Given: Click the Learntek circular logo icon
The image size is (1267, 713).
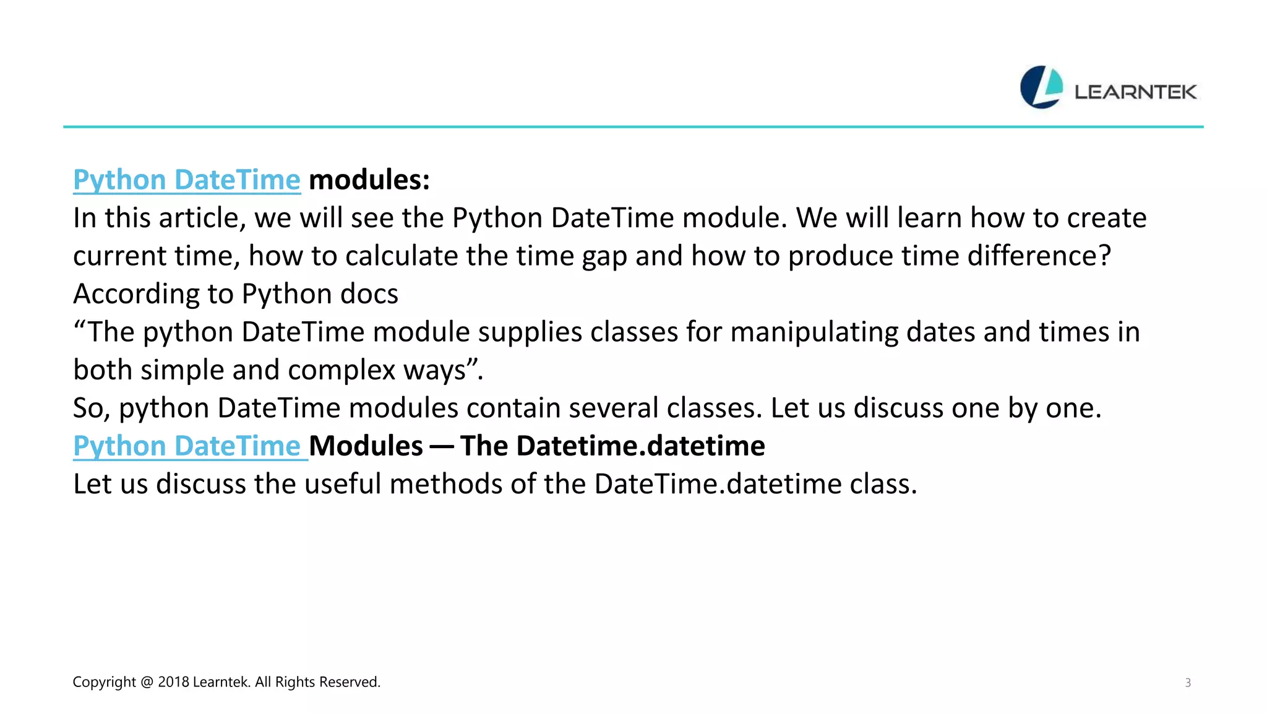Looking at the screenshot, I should pyautogui.click(x=1041, y=87).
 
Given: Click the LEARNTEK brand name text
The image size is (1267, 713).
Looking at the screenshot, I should pyautogui.click(x=1135, y=92).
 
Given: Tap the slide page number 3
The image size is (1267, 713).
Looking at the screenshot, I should pyautogui.click(x=1187, y=683).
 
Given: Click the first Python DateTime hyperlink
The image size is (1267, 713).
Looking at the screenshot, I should pyautogui.click(x=187, y=180).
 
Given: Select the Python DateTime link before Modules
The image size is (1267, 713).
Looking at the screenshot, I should pyautogui.click(x=187, y=446).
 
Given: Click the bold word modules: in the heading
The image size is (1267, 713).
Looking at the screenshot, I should pyautogui.click(x=369, y=180).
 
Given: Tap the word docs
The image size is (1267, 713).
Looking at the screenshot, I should pyautogui.click(x=369, y=294).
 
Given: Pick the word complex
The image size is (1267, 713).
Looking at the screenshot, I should pyautogui.click(x=341, y=370).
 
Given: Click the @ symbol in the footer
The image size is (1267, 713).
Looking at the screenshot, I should pyautogui.click(x=147, y=682).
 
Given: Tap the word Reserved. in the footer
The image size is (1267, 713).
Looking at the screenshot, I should pyautogui.click(x=350, y=682).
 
